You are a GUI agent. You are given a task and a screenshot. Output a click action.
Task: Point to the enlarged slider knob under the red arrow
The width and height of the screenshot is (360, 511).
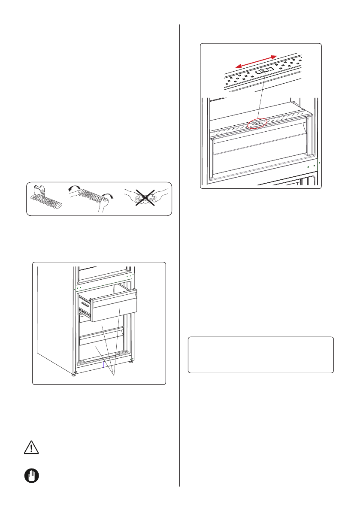[264, 71]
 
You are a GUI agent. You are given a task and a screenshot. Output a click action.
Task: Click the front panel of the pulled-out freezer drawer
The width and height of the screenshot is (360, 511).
[115, 305]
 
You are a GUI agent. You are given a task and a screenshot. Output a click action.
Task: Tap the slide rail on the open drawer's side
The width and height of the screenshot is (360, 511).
[85, 307]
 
